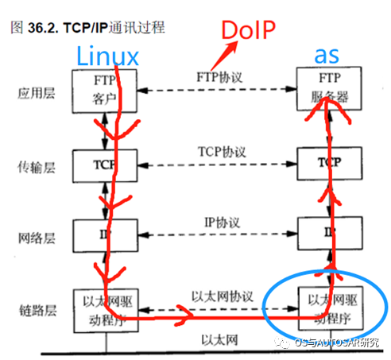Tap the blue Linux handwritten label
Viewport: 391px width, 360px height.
[x=106, y=55]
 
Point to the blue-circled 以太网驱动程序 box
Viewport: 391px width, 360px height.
[x=325, y=308]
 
